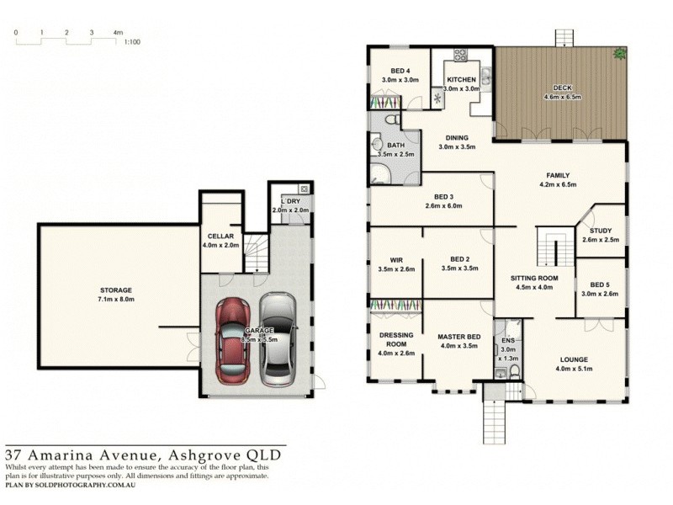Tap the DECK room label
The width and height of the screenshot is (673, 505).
pyautogui.click(x=561, y=88)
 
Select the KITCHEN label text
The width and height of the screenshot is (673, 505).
pyautogui.click(x=462, y=79)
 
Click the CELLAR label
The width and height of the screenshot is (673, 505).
pyautogui.click(x=220, y=237)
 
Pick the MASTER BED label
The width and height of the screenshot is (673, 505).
pyautogui.click(x=458, y=337)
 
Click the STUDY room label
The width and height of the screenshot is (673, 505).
pyautogui.click(x=600, y=231)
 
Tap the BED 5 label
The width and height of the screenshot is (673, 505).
pyautogui.click(x=600, y=284)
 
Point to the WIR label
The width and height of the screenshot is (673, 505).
pyautogui.click(x=396, y=260)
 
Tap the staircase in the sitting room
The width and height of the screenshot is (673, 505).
pyautogui.click(x=548, y=248)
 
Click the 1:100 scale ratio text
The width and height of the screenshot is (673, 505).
pyautogui.click(x=131, y=40)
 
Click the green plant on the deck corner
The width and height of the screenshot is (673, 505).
pyautogui.click(x=620, y=54)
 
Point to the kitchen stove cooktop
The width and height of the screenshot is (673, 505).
pyautogui.click(x=460, y=56)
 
